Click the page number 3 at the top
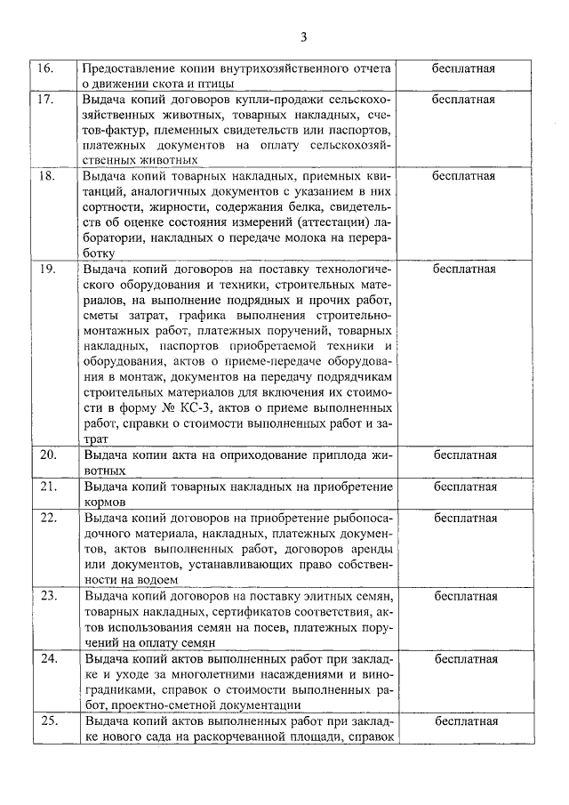303,36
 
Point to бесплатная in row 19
463,267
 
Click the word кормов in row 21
106,501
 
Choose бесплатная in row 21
463,487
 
